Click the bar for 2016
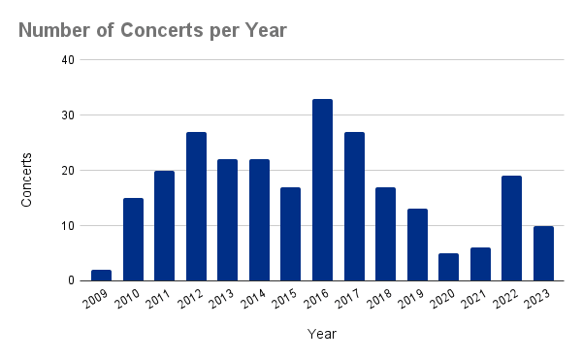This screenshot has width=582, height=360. [322, 190]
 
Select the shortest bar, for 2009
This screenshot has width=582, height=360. [101, 276]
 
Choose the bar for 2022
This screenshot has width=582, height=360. [511, 228]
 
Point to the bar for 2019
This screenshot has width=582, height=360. [417, 245]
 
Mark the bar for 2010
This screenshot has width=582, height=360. [133, 240]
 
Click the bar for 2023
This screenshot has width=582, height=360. [543, 253]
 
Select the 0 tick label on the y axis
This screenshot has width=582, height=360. [69, 281]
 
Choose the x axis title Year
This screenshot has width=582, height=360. [322, 335]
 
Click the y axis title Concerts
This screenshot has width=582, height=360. [28, 179]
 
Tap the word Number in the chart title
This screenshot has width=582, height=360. [55, 30]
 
